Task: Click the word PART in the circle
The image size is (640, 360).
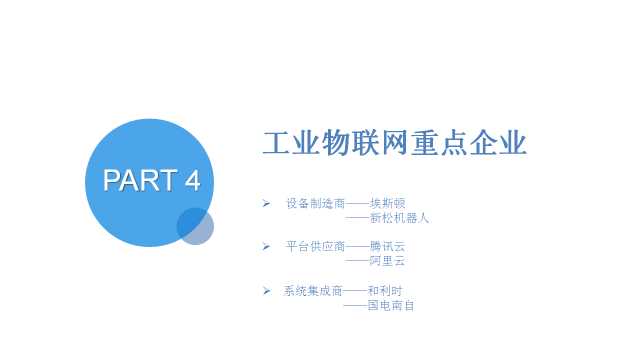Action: [140, 180]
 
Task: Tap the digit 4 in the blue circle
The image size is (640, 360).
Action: [192, 180]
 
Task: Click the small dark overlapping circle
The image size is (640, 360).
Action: [195, 226]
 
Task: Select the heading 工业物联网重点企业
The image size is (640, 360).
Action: [394, 142]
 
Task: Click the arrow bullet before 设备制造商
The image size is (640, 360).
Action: [266, 203]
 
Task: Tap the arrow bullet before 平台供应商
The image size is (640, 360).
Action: [266, 246]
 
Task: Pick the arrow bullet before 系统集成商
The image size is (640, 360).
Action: [266, 291]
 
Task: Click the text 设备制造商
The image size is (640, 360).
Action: [315, 203]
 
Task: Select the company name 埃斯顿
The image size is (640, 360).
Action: [387, 203]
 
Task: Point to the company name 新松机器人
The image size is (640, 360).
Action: [399, 218]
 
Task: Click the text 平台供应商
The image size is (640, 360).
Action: [315, 246]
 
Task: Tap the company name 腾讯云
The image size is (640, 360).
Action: [387, 246]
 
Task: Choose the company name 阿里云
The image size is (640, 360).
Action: [387, 261]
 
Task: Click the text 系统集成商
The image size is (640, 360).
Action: [313, 291]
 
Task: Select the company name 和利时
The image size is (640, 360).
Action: [385, 291]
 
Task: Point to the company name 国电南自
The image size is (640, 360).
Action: [391, 305]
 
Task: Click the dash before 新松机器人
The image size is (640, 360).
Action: [357, 218]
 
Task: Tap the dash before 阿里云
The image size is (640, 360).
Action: [357, 261]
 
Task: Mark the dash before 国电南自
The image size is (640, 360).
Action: [355, 305]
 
